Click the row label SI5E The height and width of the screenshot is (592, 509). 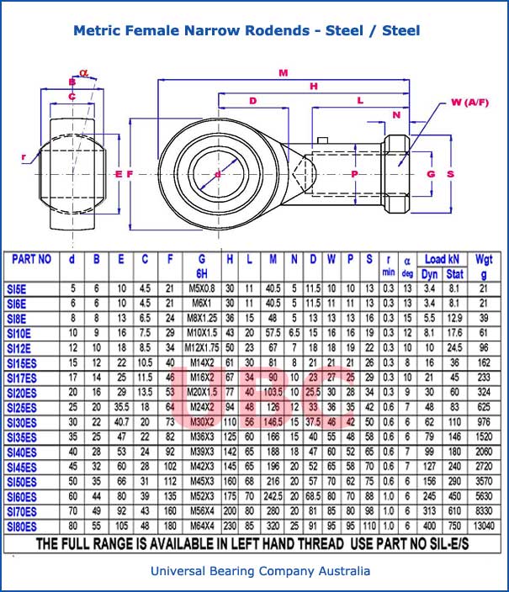pyautogui.click(x=17, y=288)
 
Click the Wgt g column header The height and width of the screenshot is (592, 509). pyautogui.click(x=483, y=266)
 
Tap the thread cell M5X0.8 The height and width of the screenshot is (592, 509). pyautogui.click(x=202, y=288)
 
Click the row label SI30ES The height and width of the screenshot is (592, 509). pyautogui.click(x=22, y=421)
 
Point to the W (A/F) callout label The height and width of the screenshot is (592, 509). pyautogui.click(x=469, y=103)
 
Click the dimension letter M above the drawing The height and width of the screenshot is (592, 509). pyautogui.click(x=283, y=73)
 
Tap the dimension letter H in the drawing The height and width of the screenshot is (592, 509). pyautogui.click(x=314, y=86)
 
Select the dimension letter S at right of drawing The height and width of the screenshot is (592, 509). pyautogui.click(x=451, y=174)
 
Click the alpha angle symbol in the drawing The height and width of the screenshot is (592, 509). pyautogui.click(x=83, y=72)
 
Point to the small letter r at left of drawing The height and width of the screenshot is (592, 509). pyautogui.click(x=25, y=156)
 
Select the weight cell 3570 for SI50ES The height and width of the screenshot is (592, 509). pyautogui.click(x=483, y=480)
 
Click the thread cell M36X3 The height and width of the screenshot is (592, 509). pyautogui.click(x=202, y=436)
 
